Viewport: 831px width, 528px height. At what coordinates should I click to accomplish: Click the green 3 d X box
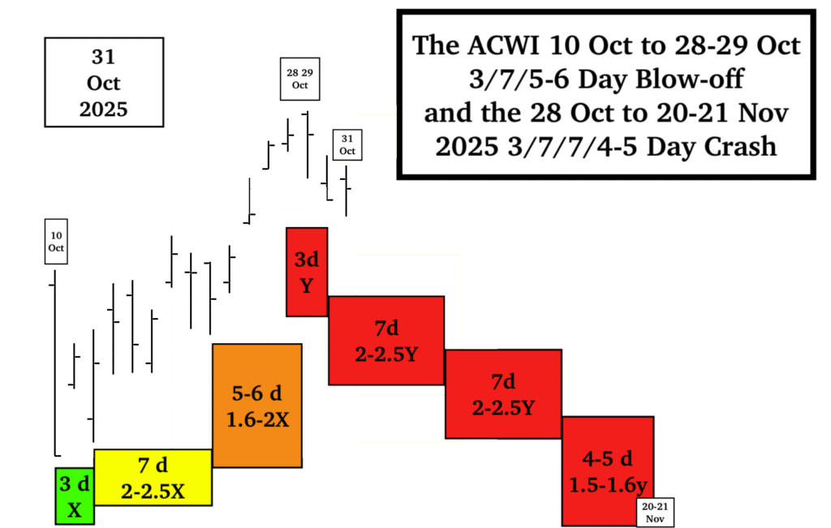(x=75, y=496)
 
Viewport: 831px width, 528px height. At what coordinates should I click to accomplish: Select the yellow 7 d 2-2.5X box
(x=153, y=477)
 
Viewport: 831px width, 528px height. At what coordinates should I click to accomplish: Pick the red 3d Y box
(x=307, y=272)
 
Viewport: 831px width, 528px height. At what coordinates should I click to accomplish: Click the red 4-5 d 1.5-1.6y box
(x=607, y=470)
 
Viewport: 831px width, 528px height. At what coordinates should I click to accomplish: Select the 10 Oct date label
(x=55, y=241)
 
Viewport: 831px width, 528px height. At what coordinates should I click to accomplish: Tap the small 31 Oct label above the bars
(x=347, y=145)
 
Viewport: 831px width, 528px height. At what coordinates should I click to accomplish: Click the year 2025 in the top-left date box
(x=104, y=109)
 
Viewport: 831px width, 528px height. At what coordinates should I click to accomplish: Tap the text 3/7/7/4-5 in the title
(x=552, y=146)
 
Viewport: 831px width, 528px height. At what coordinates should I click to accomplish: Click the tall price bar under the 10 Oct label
(x=54, y=365)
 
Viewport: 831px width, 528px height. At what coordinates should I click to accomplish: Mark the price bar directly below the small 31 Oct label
(x=347, y=191)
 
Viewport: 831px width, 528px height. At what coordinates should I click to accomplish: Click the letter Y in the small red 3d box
(x=307, y=285)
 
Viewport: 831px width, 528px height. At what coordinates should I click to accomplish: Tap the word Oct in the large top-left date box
(x=104, y=84)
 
